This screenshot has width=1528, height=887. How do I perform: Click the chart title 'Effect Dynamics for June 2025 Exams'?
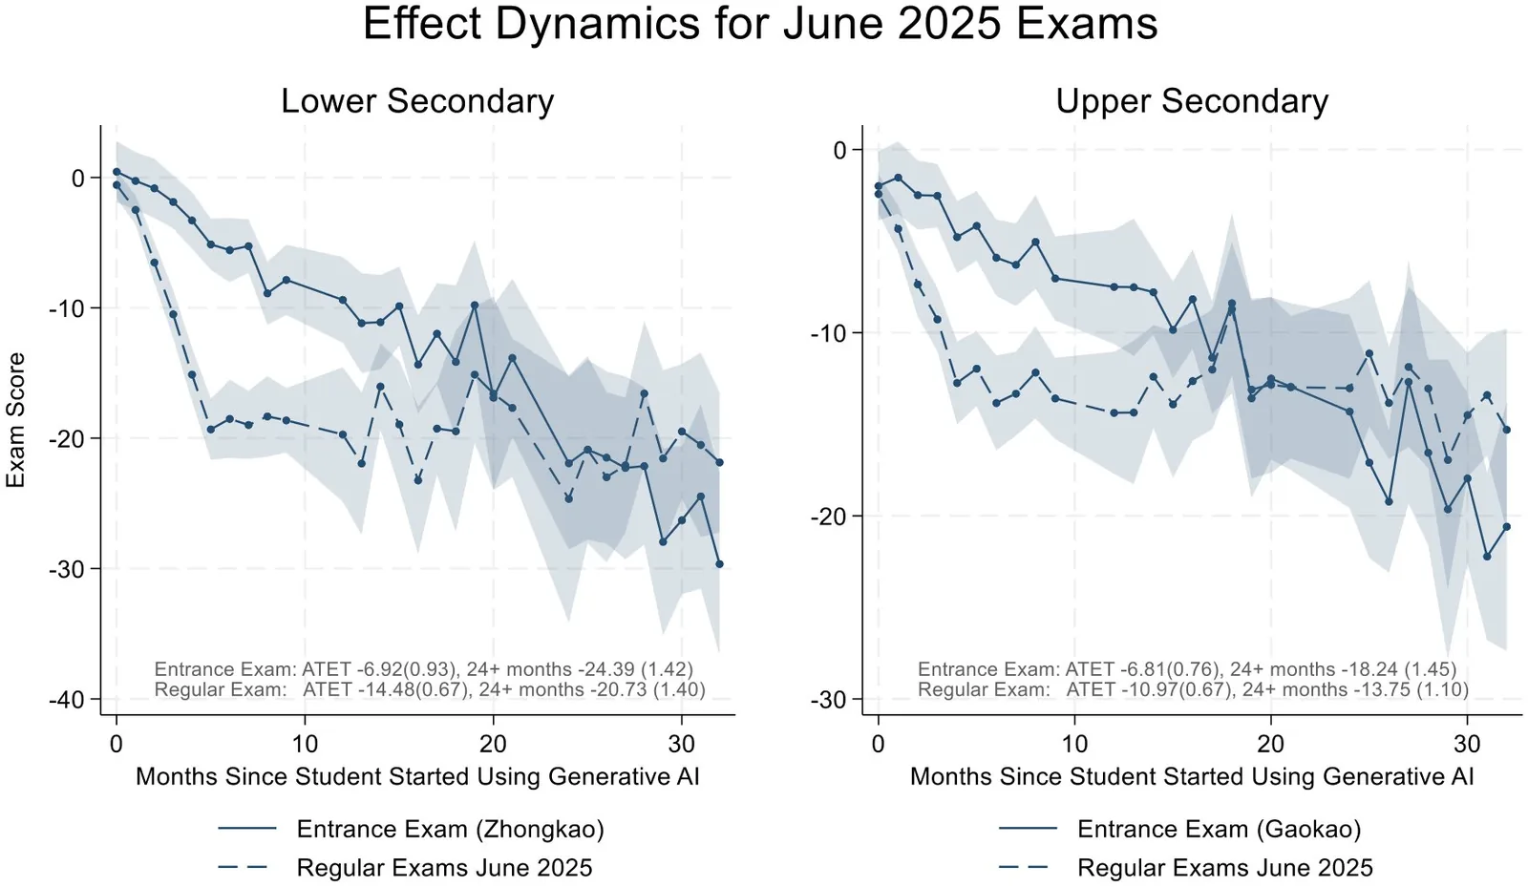(x=760, y=25)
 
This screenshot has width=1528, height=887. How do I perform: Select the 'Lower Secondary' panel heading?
(x=417, y=101)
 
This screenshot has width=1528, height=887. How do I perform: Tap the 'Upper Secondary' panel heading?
(x=1192, y=101)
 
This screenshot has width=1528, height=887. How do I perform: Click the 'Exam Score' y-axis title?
(x=15, y=420)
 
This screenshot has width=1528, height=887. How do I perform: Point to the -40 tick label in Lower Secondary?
(x=67, y=700)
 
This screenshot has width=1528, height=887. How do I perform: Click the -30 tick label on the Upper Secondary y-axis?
(x=828, y=700)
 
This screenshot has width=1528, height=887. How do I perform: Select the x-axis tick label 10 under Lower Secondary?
(x=305, y=744)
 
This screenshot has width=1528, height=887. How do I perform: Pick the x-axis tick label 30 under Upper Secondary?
(x=1467, y=744)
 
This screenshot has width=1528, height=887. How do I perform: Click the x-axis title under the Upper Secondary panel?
(x=1192, y=776)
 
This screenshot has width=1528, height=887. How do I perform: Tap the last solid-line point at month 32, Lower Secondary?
(x=719, y=564)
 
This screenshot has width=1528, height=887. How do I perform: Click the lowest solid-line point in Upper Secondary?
(x=1487, y=557)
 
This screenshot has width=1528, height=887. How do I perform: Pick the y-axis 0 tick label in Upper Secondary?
(x=839, y=150)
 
